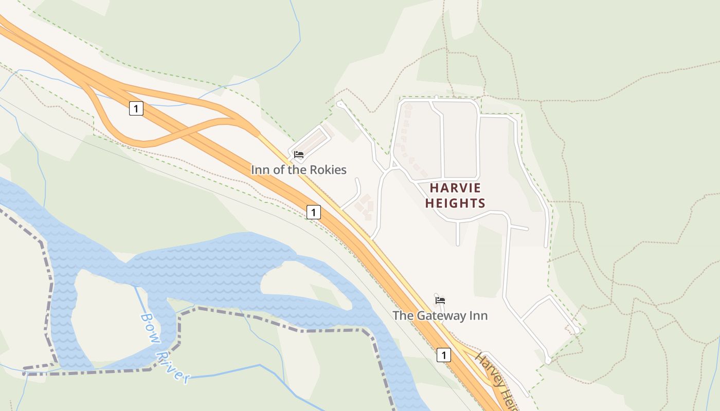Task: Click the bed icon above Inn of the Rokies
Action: [299, 154]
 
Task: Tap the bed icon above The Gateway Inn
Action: [440, 300]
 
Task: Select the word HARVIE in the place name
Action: [455, 188]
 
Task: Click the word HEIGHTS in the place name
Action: [455, 203]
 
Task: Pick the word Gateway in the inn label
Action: [442, 315]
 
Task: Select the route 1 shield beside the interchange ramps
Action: [136, 108]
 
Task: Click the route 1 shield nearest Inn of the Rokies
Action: [314, 212]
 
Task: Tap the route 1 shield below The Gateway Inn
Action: [444, 354]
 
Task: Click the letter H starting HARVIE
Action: [434, 188]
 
